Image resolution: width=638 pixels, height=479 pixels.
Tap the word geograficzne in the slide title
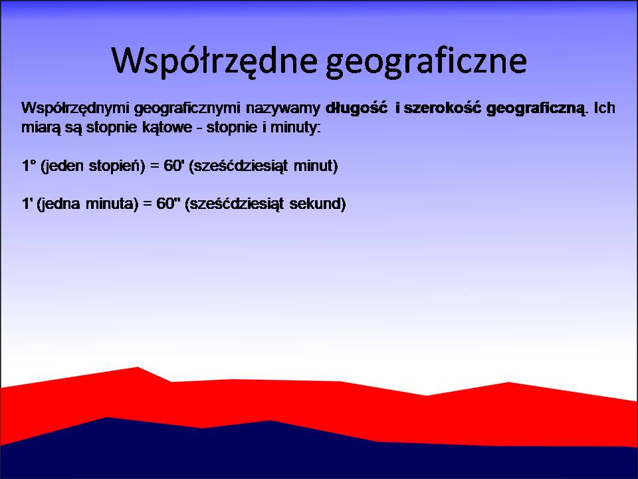tap(426, 61)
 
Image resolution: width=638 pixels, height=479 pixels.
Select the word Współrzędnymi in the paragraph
tap(75, 108)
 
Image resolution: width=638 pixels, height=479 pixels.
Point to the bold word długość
tap(356, 108)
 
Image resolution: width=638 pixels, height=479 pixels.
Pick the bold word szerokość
tap(442, 108)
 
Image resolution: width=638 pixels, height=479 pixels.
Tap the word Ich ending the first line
tap(604, 108)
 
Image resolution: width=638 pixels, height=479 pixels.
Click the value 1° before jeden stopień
tap(29, 166)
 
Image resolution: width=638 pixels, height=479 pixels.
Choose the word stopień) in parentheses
tap(117, 166)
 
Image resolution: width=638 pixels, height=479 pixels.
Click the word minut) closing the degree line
tap(316, 166)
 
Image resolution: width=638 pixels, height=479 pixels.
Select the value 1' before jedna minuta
tap(27, 204)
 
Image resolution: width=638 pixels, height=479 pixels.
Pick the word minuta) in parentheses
tap(112, 204)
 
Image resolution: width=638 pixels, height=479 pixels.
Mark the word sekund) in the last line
tap(318, 204)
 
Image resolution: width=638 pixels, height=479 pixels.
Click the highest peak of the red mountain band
tap(138, 367)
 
